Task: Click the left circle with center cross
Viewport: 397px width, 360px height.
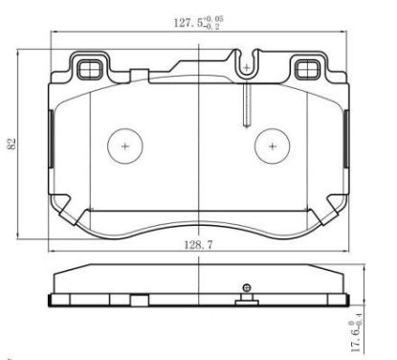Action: pyautogui.click(x=125, y=146)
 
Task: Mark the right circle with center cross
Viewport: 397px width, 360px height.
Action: pyautogui.click(x=275, y=146)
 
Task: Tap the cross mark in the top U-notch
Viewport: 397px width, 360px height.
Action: pyautogui.click(x=247, y=68)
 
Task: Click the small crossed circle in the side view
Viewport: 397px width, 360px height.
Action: pyautogui.click(x=247, y=287)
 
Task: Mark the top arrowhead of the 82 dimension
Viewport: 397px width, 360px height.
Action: pyautogui.click(x=21, y=50)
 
